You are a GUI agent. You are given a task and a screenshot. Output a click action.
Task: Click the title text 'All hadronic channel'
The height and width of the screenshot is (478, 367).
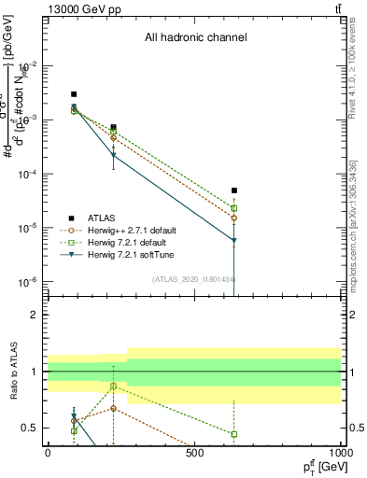point(194,38)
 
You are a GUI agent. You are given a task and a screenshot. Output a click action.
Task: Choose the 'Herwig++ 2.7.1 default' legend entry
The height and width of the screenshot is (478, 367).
point(130,230)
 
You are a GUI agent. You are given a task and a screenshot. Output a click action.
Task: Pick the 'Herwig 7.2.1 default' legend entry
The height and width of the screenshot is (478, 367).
point(126,242)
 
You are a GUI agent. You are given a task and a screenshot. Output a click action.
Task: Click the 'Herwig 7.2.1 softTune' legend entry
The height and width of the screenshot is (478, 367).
point(128,254)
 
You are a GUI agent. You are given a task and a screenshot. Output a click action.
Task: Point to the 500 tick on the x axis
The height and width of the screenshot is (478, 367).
point(194,453)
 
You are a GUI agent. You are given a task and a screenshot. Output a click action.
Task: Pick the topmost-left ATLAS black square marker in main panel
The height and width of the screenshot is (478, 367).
point(74,94)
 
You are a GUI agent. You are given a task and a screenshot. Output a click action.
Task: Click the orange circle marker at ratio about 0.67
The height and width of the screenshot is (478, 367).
point(114,408)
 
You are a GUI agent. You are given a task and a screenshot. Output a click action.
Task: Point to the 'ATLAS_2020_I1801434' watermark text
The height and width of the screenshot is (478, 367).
point(194,278)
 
